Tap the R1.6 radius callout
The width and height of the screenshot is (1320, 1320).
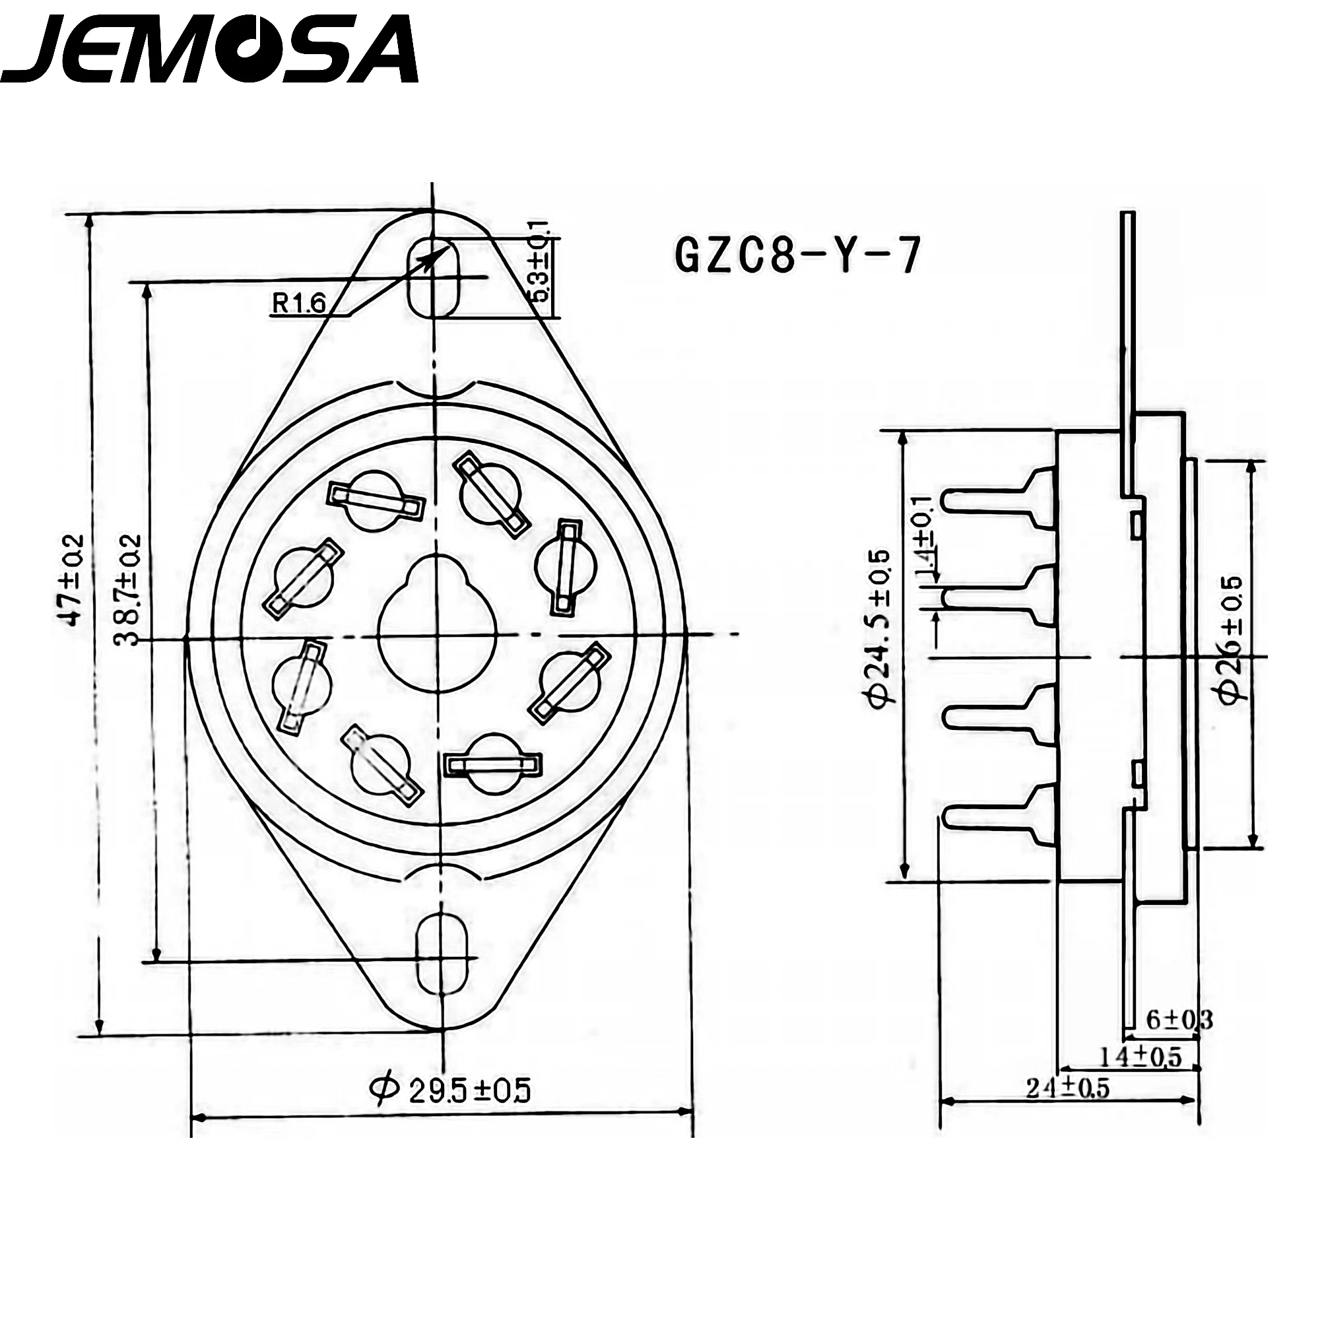point(299,303)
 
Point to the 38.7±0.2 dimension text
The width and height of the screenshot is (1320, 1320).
point(128,591)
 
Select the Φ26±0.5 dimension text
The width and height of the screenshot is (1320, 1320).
point(1232,640)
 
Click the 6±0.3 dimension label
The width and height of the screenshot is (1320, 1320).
point(1178,1039)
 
